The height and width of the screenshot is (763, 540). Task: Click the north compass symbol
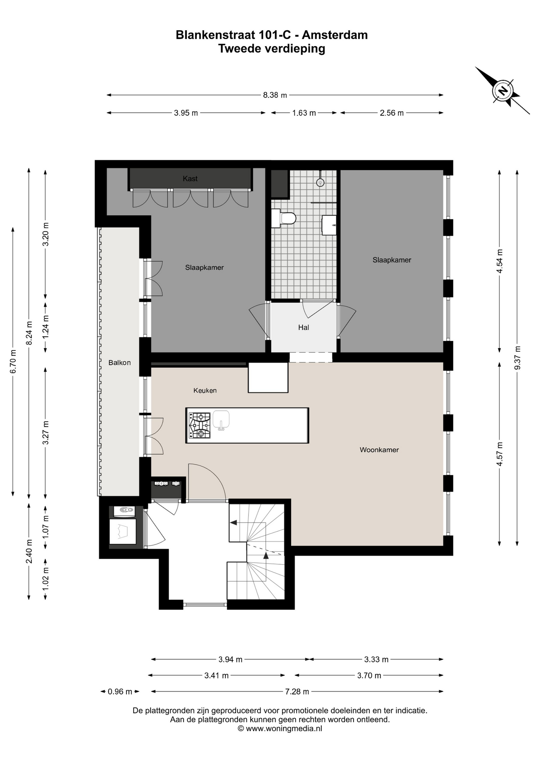click(x=503, y=91)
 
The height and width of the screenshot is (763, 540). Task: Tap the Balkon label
click(x=119, y=362)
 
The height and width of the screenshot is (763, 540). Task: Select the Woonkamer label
click(x=379, y=450)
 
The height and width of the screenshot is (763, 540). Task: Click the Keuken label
click(x=205, y=391)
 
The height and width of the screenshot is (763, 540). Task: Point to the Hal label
click(x=303, y=327)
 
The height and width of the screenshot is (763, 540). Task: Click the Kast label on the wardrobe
click(x=190, y=178)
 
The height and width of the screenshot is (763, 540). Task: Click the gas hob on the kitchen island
click(x=200, y=425)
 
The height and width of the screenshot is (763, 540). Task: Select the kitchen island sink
click(x=221, y=420)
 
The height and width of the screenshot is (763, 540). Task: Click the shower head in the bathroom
click(x=320, y=182)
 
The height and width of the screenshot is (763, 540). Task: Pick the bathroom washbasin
click(x=329, y=225)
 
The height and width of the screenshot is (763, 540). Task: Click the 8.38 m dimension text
click(x=275, y=95)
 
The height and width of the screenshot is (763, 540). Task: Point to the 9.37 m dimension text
click(x=517, y=358)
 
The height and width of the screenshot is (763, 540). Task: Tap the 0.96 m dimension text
click(x=120, y=691)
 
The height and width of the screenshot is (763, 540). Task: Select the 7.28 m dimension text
click(x=297, y=691)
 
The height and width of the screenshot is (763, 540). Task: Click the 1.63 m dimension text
click(x=304, y=113)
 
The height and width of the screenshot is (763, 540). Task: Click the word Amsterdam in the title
click(x=335, y=35)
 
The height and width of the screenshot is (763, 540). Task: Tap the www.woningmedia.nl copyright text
click(x=280, y=728)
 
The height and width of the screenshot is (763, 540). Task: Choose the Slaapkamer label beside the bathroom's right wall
click(x=392, y=260)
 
